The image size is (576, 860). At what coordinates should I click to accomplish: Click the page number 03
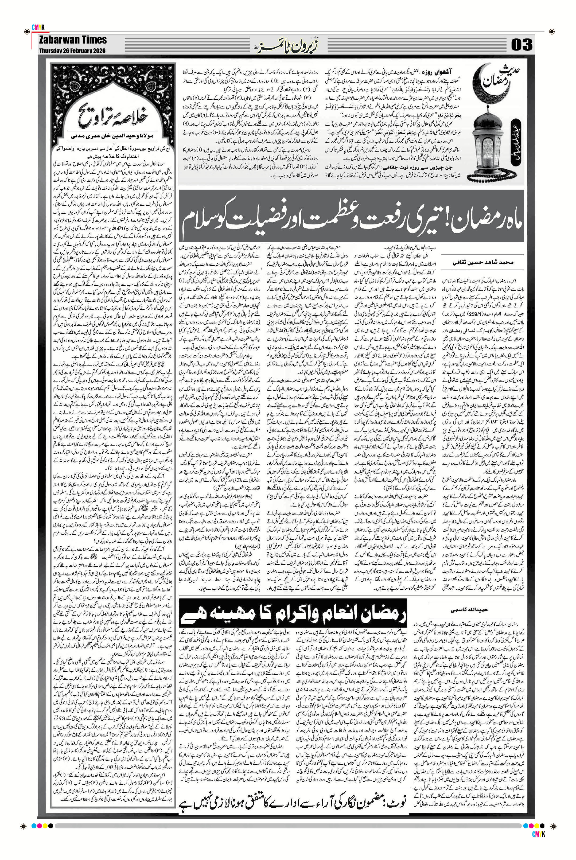(x=521, y=45)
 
